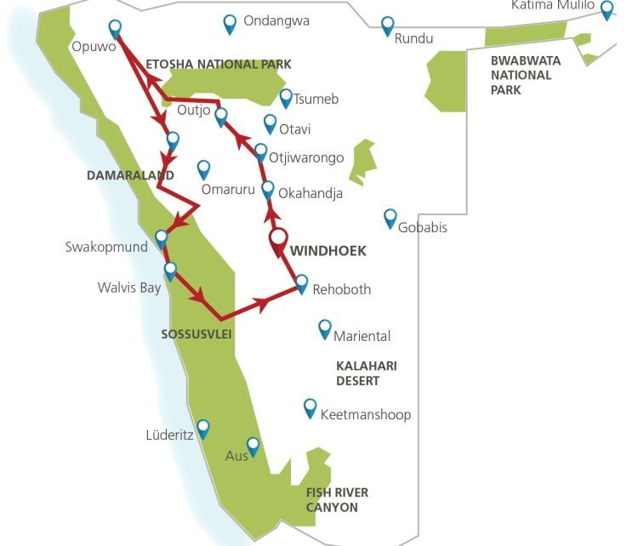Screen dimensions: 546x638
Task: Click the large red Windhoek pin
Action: (x=279, y=241)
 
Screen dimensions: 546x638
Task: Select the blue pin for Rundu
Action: (x=388, y=26)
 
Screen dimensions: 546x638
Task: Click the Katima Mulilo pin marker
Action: (x=607, y=9)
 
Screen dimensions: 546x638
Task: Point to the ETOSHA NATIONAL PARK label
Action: (x=219, y=64)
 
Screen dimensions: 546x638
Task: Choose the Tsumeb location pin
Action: (x=287, y=98)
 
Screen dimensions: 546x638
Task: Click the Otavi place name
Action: (x=295, y=129)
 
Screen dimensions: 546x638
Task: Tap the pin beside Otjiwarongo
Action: (x=261, y=152)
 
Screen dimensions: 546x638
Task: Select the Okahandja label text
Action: (x=310, y=193)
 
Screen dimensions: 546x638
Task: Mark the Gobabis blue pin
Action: (x=390, y=218)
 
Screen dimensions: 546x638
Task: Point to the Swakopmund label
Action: (x=106, y=247)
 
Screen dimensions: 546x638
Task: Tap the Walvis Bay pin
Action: (x=170, y=270)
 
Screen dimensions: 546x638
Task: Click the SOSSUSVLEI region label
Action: (x=197, y=334)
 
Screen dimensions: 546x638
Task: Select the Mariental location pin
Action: (x=324, y=328)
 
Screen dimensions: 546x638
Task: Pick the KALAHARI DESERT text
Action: (x=367, y=373)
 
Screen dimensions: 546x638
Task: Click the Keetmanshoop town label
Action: (x=366, y=414)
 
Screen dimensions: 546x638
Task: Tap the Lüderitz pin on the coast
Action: (x=202, y=428)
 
